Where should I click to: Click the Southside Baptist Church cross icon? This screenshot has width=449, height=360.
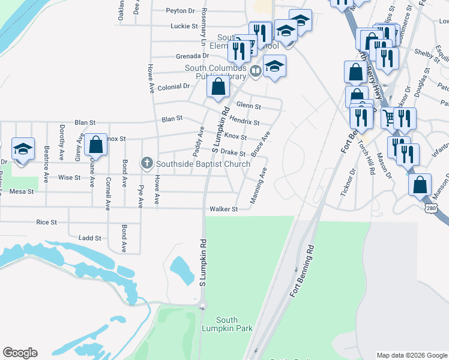pos(146,163)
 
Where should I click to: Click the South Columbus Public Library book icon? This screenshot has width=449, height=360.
pos(256,71)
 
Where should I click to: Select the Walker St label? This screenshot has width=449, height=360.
pos(224,209)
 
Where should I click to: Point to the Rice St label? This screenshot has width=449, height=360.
pos(46,222)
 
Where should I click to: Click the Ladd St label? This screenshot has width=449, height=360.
pos(90,238)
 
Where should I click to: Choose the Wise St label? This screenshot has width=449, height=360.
pos(69,178)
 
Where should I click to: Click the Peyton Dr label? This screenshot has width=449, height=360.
pos(181,10)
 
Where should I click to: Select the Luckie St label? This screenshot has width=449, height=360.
pos(184,26)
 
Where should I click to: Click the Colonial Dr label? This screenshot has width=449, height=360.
pos(173,86)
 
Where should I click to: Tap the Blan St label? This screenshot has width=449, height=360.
pos(171,119)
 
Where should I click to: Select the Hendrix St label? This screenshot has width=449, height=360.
pos(244,122)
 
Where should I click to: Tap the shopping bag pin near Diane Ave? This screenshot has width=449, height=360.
pos(95,145)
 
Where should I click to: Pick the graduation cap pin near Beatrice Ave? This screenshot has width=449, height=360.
pos(23,149)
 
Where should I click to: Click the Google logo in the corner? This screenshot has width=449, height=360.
pos(20,353)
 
